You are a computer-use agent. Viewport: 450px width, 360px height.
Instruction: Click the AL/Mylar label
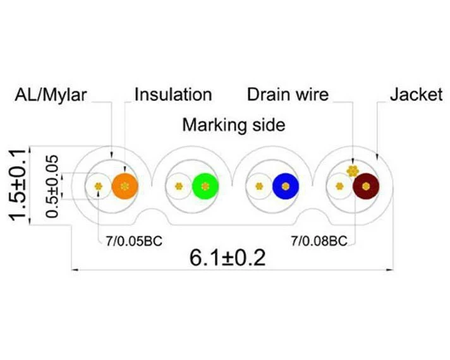click(x=51, y=95)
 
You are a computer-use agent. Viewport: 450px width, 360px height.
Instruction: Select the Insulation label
click(x=173, y=95)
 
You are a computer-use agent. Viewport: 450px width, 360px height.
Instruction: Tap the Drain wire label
click(x=288, y=95)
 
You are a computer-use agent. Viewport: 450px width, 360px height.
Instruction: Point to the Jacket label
click(x=416, y=95)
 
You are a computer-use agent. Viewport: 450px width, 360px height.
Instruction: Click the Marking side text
click(x=234, y=125)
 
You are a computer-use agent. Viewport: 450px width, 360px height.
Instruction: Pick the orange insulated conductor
click(x=125, y=186)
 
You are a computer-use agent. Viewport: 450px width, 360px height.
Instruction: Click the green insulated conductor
click(x=205, y=186)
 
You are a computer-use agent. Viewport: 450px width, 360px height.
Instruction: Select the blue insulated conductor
click(x=286, y=186)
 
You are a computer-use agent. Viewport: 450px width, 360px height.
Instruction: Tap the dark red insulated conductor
click(x=366, y=186)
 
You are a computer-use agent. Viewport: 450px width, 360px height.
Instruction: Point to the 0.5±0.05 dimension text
click(x=52, y=186)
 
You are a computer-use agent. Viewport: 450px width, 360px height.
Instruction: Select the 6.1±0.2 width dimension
click(x=228, y=258)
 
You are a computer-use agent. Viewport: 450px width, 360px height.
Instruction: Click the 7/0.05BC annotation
click(x=134, y=241)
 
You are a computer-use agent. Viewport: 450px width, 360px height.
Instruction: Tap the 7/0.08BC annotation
click(x=319, y=241)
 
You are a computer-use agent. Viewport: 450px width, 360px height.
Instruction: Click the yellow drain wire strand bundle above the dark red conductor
click(x=353, y=171)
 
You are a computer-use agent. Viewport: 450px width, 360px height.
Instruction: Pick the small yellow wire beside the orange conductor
click(x=99, y=186)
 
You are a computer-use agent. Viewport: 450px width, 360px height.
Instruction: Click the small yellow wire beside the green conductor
click(x=179, y=186)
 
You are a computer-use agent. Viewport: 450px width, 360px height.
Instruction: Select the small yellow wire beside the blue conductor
click(x=259, y=186)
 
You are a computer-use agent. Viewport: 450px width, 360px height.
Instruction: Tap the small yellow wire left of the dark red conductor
click(x=339, y=186)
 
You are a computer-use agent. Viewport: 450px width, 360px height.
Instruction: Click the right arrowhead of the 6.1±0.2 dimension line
click(x=390, y=270)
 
